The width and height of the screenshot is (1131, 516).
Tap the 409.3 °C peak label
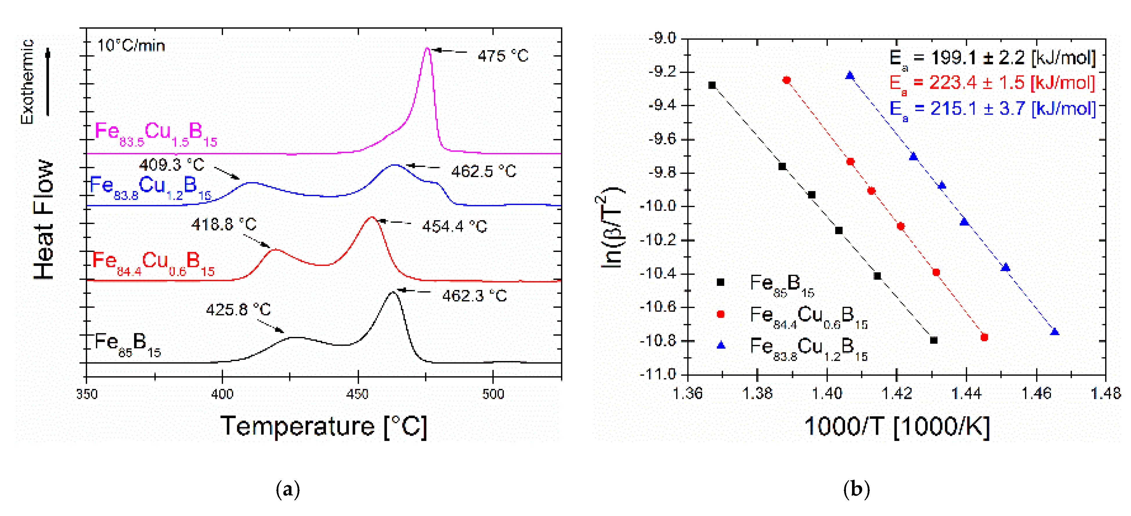172,165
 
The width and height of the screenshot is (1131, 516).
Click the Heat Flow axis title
44,219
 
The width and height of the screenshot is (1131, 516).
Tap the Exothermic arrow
48,83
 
